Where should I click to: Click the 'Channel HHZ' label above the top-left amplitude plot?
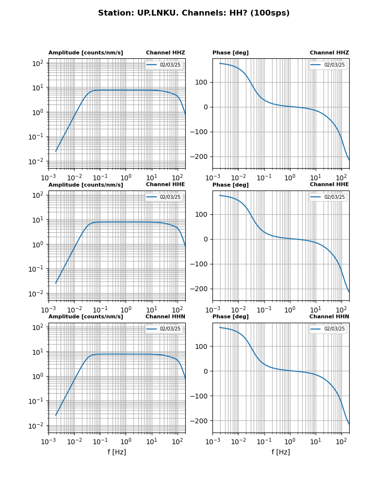(x=165, y=53)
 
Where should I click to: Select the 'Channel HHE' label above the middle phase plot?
(x=329, y=185)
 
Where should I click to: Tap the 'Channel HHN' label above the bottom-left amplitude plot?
(x=165, y=317)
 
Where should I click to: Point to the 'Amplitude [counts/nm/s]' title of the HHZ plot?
(x=85, y=53)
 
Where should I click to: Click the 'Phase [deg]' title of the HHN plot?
(x=230, y=317)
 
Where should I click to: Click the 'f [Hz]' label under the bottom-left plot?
(x=117, y=452)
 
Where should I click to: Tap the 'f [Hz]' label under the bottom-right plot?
(x=281, y=452)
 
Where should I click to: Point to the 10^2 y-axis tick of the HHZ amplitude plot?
(x=38, y=63)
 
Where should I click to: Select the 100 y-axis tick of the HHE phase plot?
(x=203, y=214)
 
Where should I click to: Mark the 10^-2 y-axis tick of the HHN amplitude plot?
(x=37, y=426)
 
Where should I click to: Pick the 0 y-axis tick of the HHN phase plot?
(x=206, y=371)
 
